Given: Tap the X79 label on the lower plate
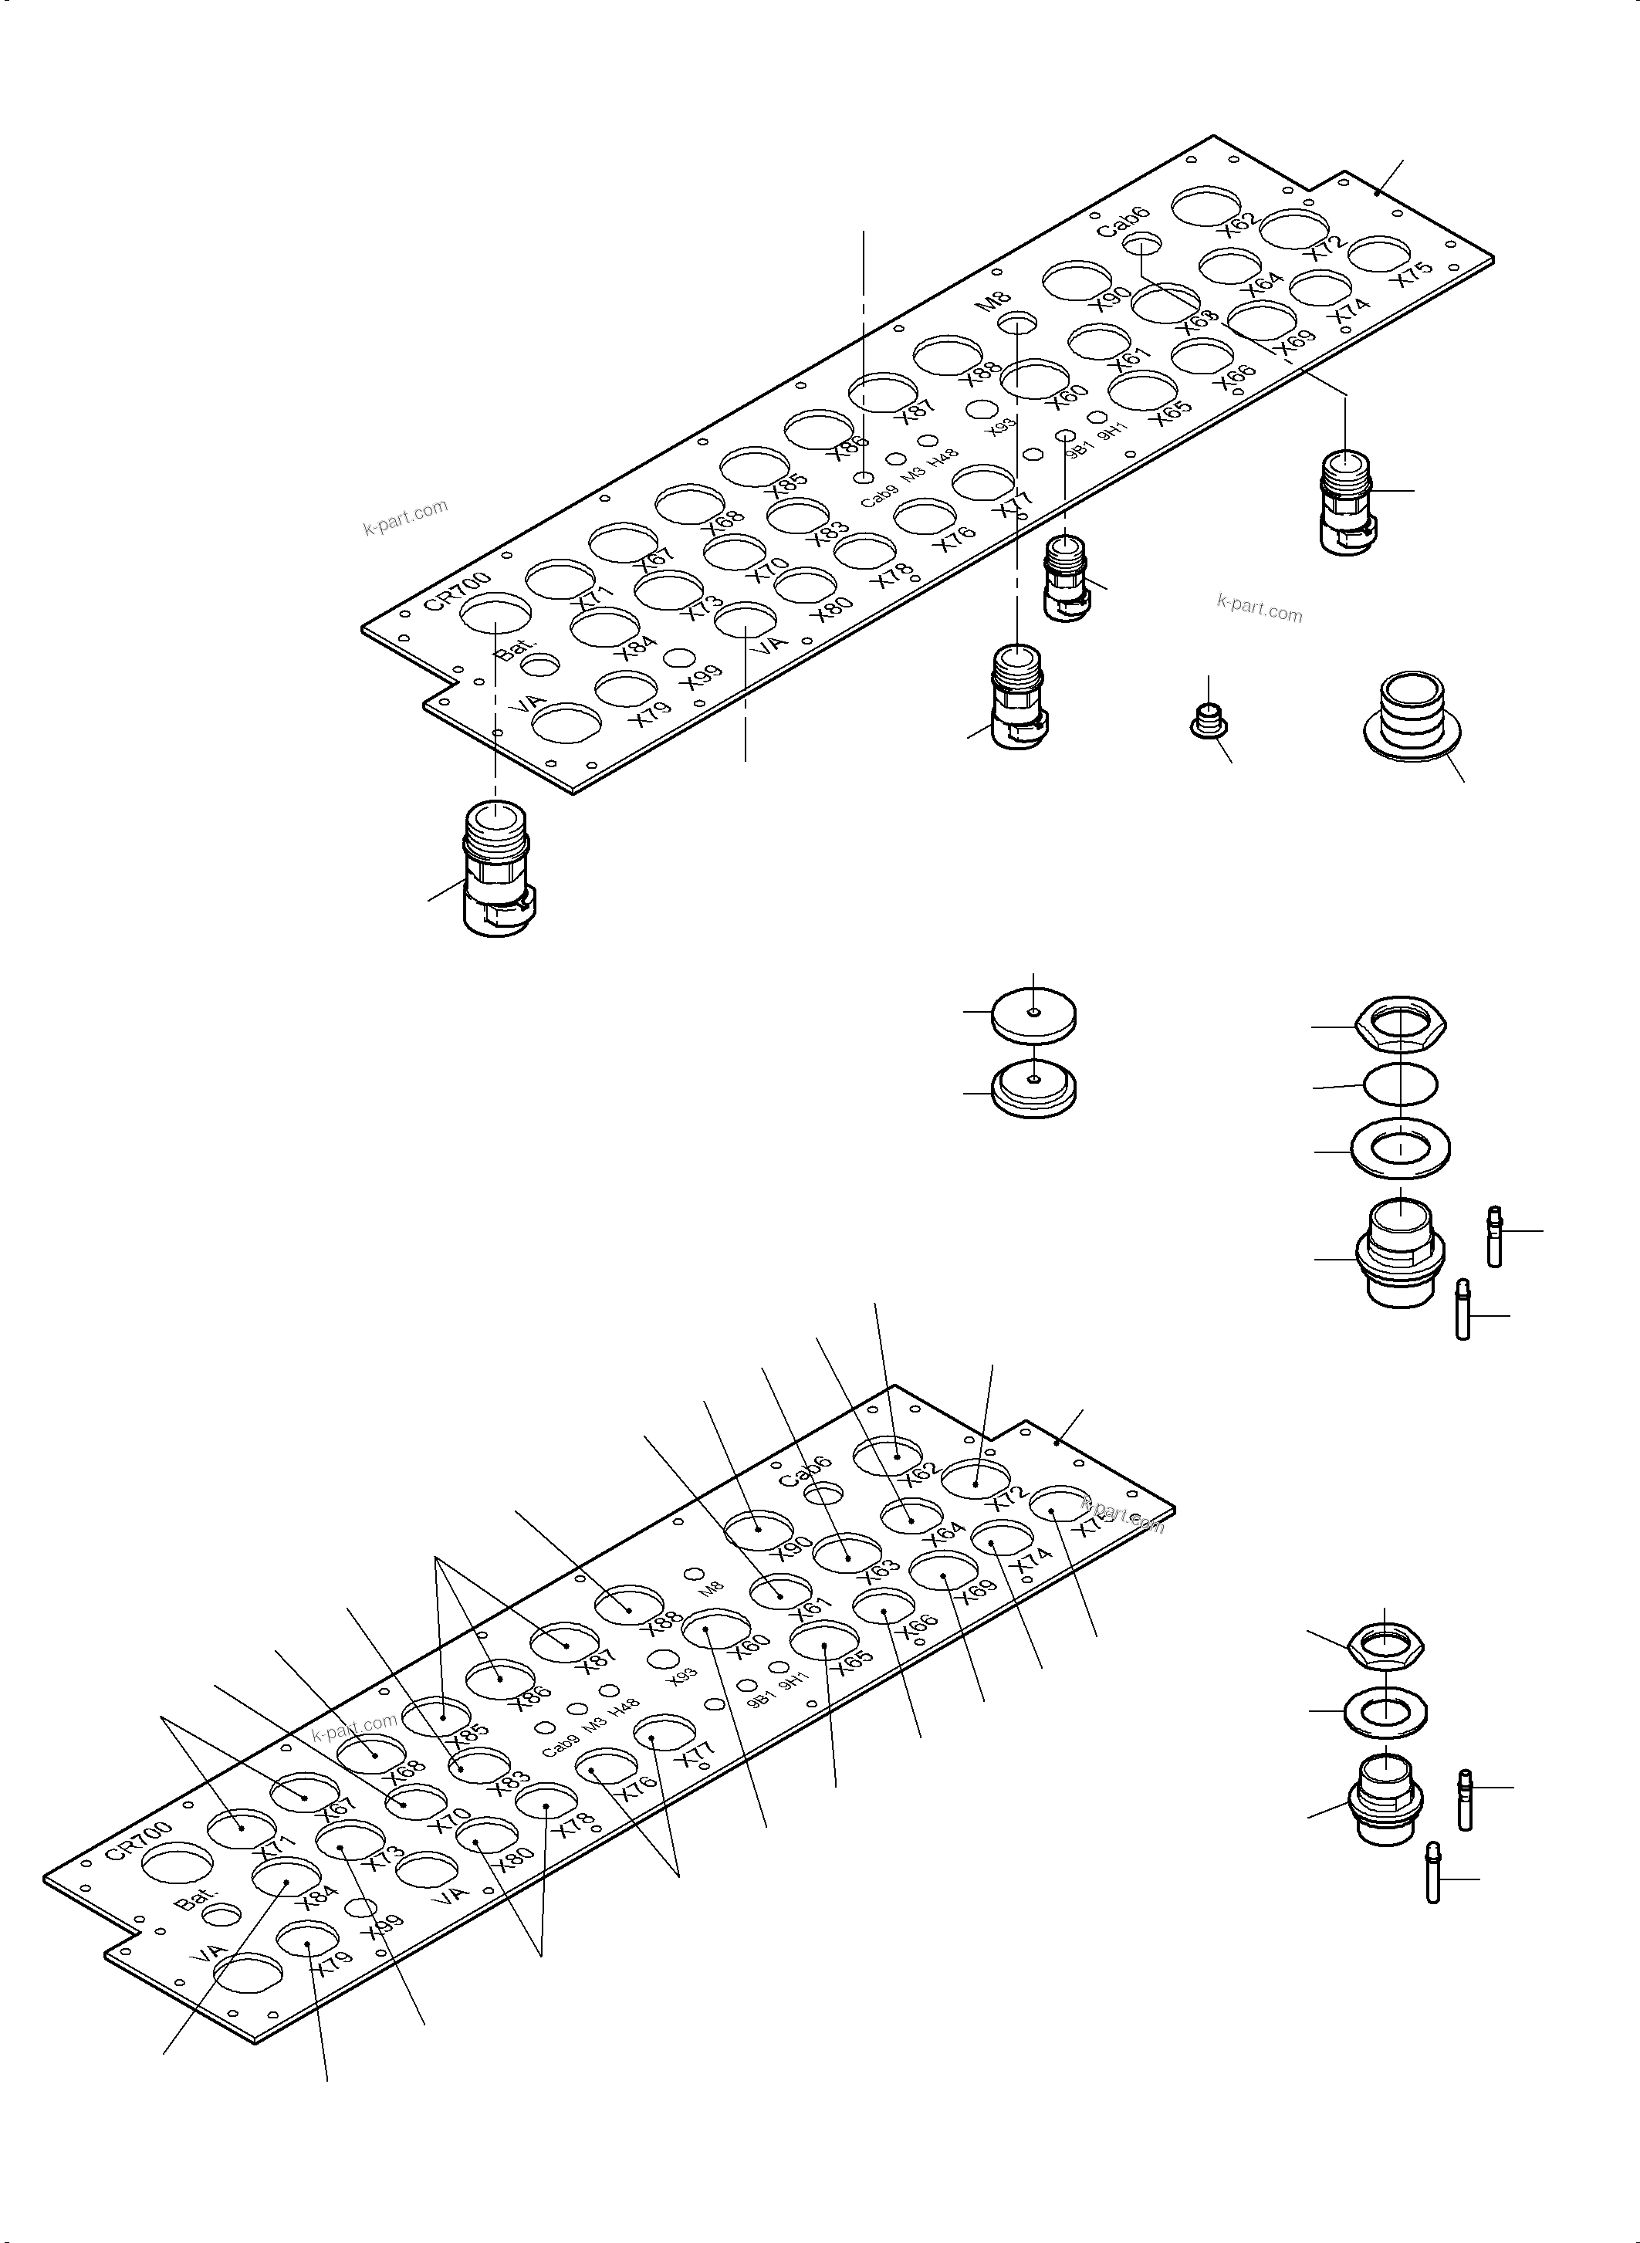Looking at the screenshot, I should click(x=330, y=1957).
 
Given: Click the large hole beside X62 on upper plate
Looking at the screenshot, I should click(x=1205, y=205).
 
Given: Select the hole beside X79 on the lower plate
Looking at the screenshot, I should click(x=308, y=1936).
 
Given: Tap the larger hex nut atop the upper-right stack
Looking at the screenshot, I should click(x=1401, y=1026).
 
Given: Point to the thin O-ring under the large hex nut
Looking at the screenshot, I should click(x=1400, y=1084).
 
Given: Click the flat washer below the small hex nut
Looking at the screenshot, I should click(x=1385, y=1712).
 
